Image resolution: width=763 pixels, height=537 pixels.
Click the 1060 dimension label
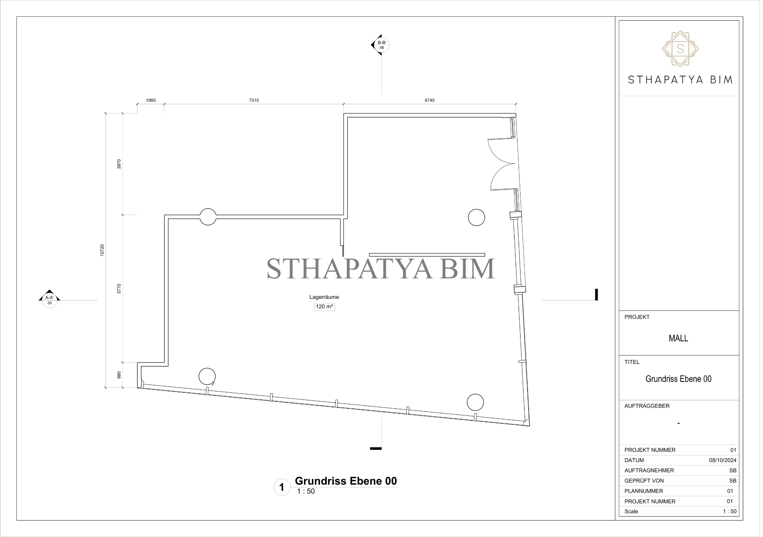(151, 100)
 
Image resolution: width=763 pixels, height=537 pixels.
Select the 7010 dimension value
(254, 100)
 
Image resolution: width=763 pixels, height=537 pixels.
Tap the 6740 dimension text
(430, 100)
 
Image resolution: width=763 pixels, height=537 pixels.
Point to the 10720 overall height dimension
(102, 250)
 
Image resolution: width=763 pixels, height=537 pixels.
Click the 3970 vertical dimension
(119, 164)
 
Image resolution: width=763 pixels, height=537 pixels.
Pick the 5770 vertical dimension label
(119, 289)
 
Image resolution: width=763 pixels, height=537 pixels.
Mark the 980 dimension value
(119, 375)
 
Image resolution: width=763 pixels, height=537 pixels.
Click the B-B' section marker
(380, 45)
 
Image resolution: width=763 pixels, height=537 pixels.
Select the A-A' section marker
(49, 298)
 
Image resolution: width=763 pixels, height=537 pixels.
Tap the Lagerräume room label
(324, 297)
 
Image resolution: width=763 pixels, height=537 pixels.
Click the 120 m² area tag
(324, 307)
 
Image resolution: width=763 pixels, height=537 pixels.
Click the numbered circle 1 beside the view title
(282, 487)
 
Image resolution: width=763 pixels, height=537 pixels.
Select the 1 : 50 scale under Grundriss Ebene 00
(306, 492)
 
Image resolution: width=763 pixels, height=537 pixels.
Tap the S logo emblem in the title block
(680, 49)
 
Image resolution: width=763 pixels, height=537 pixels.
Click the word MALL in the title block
(678, 338)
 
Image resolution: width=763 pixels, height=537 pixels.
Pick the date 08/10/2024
(723, 460)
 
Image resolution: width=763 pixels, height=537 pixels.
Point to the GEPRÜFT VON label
(644, 481)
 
